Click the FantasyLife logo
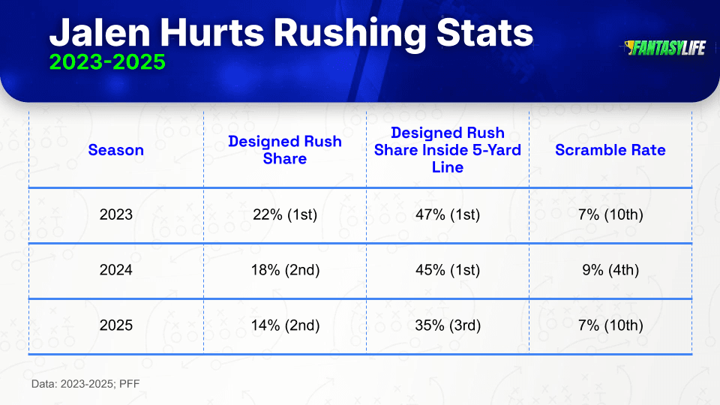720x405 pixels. click(x=665, y=48)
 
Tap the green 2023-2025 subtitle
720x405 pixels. click(x=107, y=62)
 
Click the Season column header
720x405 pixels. click(x=115, y=150)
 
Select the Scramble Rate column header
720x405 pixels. click(x=610, y=150)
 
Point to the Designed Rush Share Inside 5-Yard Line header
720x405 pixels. click(x=448, y=150)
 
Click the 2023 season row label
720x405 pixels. click(x=115, y=214)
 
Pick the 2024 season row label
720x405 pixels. click(x=115, y=269)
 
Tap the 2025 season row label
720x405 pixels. click(x=115, y=325)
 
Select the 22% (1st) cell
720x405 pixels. click(x=285, y=214)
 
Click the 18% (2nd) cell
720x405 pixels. click(x=285, y=270)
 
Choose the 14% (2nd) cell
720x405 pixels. click(x=285, y=325)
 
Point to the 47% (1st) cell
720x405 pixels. click(x=448, y=214)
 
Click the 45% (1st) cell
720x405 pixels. click(x=448, y=270)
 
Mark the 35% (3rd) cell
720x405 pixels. click(x=448, y=325)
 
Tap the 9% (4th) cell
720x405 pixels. click(x=610, y=270)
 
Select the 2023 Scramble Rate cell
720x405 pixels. click(x=610, y=214)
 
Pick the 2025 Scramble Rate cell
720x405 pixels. click(x=610, y=325)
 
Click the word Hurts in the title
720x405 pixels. click(x=211, y=33)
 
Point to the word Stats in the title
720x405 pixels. click(x=484, y=33)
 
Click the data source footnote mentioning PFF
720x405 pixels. click(x=85, y=384)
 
